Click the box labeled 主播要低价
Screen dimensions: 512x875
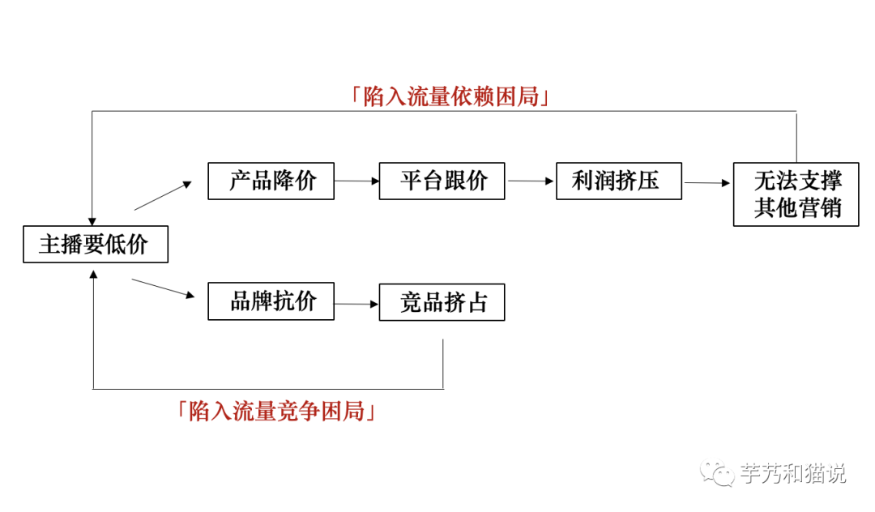(x=95, y=244)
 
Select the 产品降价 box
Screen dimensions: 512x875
(x=271, y=181)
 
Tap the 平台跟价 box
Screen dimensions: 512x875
(x=442, y=181)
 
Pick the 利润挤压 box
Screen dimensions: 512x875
(x=619, y=181)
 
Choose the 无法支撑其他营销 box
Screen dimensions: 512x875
(x=796, y=194)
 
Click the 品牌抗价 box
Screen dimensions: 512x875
(x=271, y=302)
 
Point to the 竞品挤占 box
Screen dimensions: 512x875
(x=442, y=302)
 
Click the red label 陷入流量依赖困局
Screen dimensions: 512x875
(x=451, y=97)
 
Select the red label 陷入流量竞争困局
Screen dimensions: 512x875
(x=277, y=411)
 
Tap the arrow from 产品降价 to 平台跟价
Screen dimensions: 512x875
(x=356, y=181)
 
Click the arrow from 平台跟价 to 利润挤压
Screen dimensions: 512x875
(x=530, y=181)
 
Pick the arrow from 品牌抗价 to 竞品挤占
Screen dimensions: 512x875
(x=356, y=304)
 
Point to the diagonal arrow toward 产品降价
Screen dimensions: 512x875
(x=162, y=195)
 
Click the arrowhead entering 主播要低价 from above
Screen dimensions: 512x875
(x=92, y=220)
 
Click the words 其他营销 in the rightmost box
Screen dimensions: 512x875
(x=797, y=208)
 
